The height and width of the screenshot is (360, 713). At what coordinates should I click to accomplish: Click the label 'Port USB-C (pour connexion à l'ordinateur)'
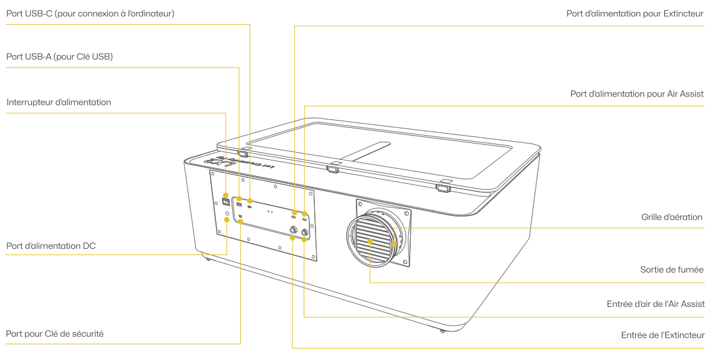90,13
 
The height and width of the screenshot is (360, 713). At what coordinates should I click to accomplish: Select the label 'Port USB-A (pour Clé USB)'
59,57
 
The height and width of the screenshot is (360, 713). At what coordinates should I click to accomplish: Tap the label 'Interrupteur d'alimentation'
59,103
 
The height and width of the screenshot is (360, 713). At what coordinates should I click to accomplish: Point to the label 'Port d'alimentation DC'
51,246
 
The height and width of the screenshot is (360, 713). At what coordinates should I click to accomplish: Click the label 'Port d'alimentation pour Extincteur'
635,13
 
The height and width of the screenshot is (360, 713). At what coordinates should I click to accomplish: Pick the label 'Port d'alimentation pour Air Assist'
636,94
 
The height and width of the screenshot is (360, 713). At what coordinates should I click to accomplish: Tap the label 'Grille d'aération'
671,217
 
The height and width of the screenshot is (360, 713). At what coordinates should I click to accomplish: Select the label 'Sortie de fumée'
671,270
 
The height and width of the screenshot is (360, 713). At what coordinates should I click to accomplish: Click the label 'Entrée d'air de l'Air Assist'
655,304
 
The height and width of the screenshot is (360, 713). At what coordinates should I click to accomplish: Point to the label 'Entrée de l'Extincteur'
662,335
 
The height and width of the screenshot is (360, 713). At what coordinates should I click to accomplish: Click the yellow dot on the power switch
226,195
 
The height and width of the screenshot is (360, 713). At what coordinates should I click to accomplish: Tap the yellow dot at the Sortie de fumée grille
370,241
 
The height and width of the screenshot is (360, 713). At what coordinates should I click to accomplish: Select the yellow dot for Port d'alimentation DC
227,219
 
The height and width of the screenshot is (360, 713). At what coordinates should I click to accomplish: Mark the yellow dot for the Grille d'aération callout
394,244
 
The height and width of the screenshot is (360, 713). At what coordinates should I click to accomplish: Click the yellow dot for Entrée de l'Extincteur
293,238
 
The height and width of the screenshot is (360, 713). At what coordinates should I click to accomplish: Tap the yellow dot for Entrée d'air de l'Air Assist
304,239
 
